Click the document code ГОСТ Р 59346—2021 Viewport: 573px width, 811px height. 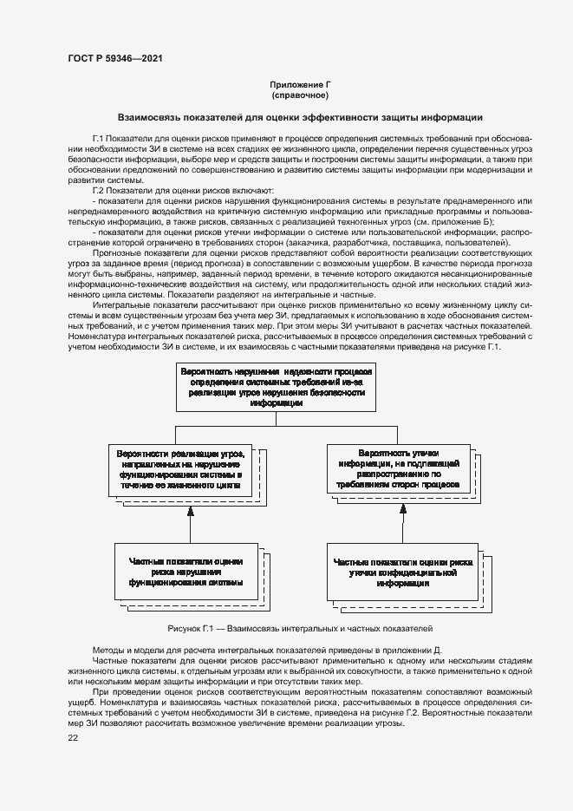pos(114,58)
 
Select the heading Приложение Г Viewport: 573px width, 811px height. pos(301,84)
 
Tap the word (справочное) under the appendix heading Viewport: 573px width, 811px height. pos(301,95)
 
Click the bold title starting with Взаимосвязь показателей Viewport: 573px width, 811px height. pos(301,117)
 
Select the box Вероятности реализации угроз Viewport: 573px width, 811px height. pos(180,470)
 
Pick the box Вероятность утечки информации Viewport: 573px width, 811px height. pos(398,468)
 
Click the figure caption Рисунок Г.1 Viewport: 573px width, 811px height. pos(300,627)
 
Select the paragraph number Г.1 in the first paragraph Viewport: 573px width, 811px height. pos(98,139)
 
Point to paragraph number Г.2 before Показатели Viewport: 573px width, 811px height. pos(98,190)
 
